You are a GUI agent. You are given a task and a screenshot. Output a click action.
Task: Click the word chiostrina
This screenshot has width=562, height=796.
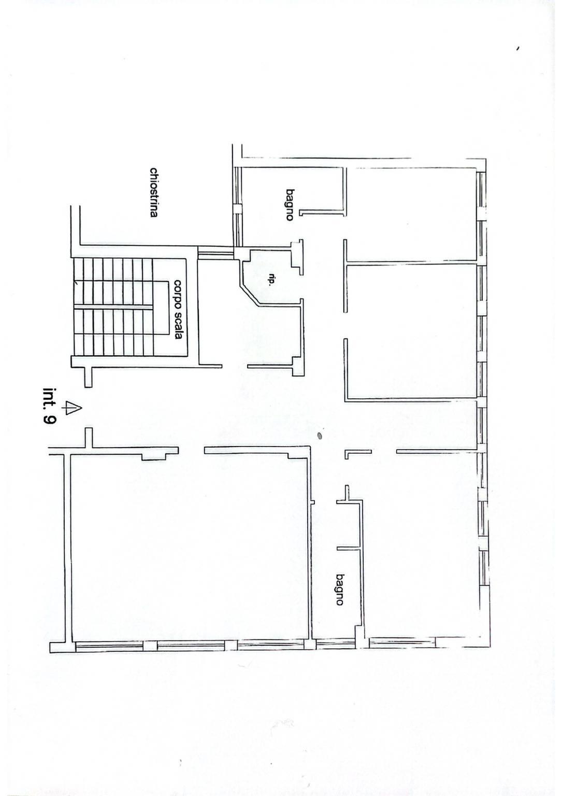(x=153, y=192)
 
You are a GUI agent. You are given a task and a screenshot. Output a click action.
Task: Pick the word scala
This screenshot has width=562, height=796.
(x=178, y=324)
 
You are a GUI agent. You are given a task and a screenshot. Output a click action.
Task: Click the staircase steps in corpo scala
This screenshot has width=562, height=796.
(x=113, y=307)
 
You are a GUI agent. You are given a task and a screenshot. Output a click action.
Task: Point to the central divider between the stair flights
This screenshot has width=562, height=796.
(x=113, y=307)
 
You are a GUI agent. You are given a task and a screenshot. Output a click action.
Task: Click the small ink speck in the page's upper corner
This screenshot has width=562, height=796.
(x=518, y=49)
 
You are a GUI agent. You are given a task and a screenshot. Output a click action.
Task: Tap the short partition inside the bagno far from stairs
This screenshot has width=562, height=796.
(x=349, y=548)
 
